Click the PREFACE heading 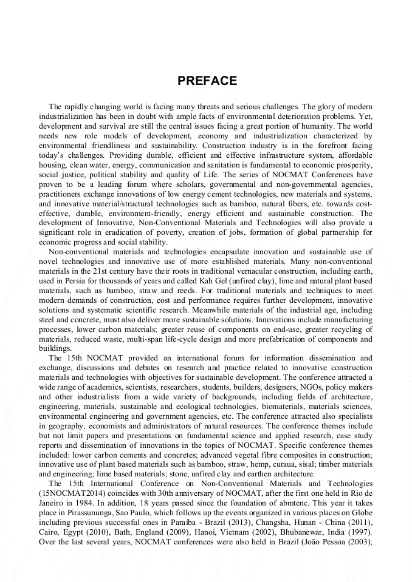pyautogui.click(x=207, y=81)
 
